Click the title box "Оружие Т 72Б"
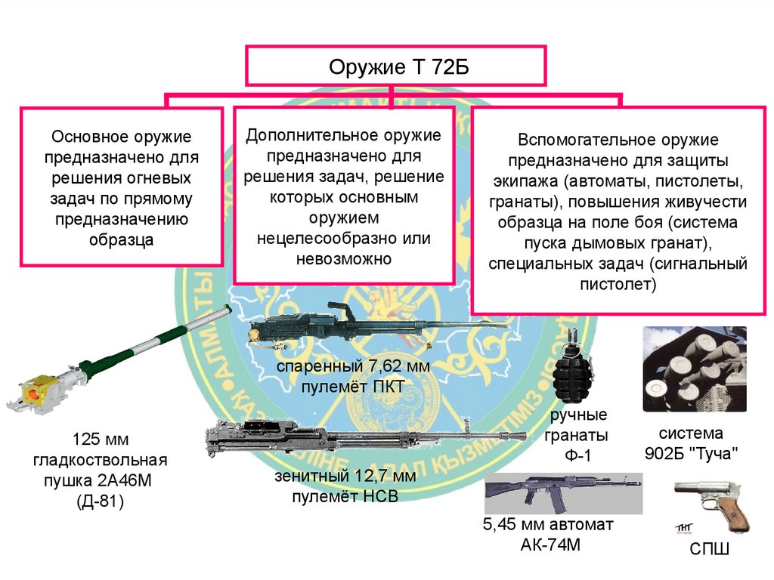click(394, 66)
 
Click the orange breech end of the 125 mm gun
click(33, 393)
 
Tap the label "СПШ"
click(708, 550)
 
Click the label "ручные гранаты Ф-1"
click(579, 436)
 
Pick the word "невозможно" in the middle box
click(344, 258)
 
